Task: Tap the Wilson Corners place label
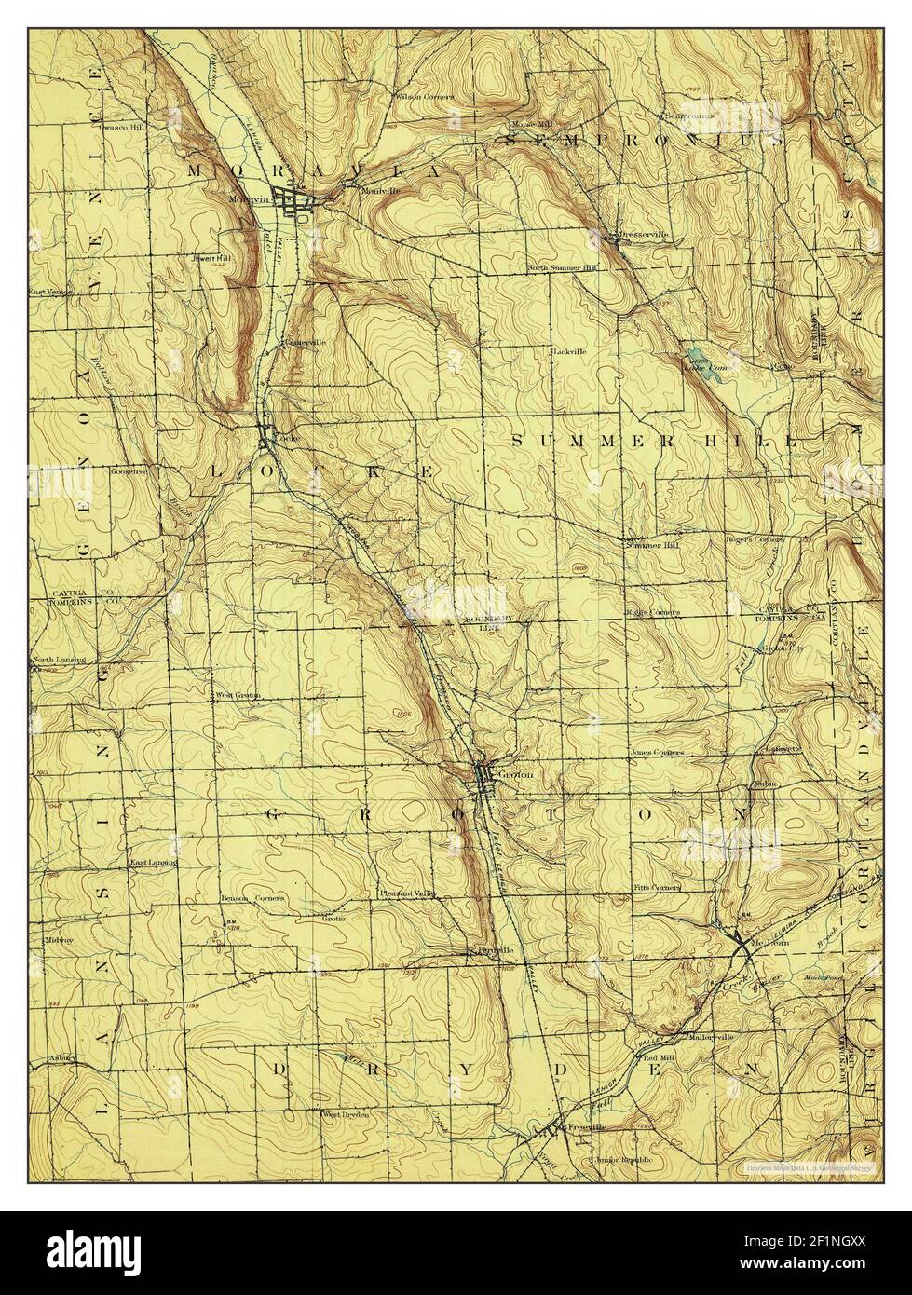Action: click(425, 97)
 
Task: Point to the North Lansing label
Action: click(59, 661)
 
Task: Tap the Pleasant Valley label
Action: click(408, 893)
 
